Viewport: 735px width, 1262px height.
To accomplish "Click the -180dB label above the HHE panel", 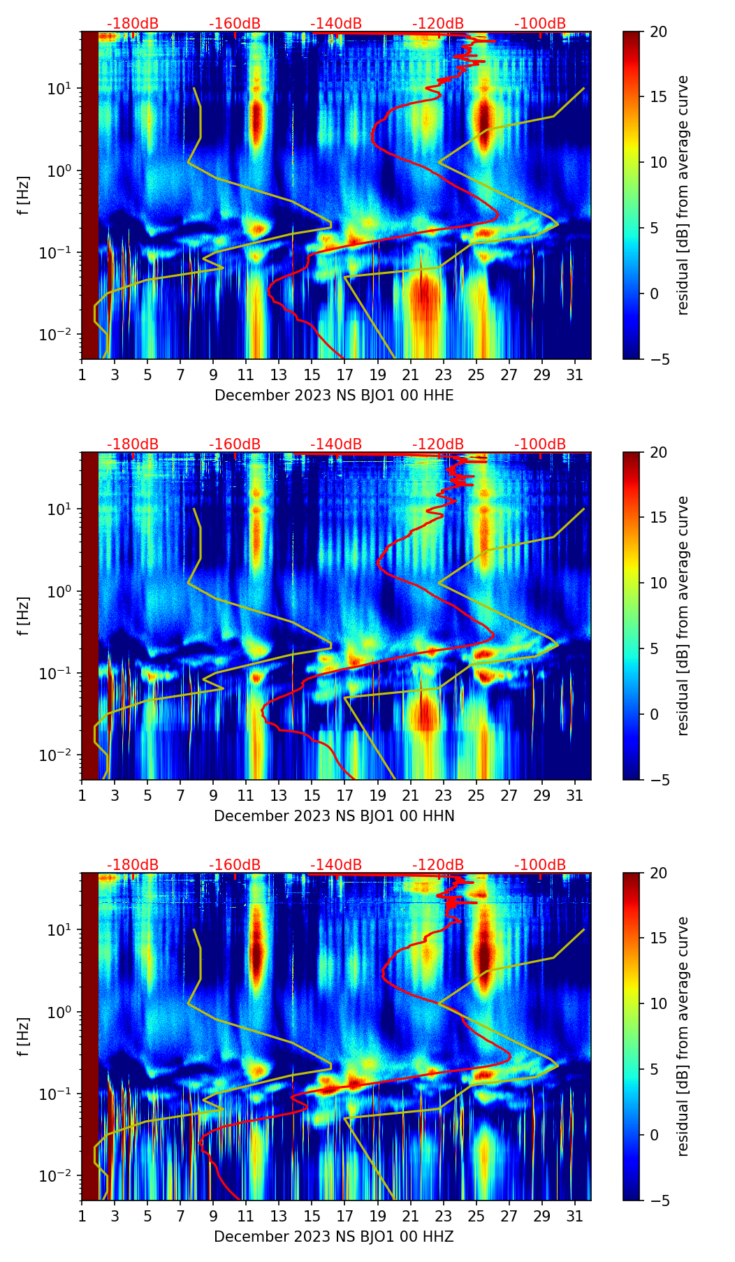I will tap(133, 24).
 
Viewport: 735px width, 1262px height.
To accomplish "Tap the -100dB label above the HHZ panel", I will tap(540, 865).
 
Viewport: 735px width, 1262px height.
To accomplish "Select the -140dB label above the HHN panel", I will tap(336, 444).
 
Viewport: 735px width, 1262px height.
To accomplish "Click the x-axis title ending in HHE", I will tap(334, 396).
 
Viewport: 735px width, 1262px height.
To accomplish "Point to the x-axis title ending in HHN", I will tap(334, 816).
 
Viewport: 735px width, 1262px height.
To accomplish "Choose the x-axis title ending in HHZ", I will tap(334, 1237).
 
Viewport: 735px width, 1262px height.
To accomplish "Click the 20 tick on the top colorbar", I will tap(659, 31).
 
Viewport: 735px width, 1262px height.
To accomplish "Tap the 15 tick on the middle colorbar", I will tap(659, 518).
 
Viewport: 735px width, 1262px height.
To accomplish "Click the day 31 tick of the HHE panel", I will tap(575, 375).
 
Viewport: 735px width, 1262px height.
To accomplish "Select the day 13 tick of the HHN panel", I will tap(279, 795).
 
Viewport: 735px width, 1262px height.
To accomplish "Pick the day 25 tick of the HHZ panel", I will tap(476, 1216).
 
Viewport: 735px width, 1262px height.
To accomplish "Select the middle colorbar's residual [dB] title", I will tap(683, 616).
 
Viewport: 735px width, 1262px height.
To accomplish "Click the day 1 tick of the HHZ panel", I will tap(82, 1216).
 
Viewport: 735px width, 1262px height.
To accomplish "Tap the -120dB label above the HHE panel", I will tap(438, 24).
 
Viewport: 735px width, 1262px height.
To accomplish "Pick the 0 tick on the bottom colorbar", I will tap(655, 1135).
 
